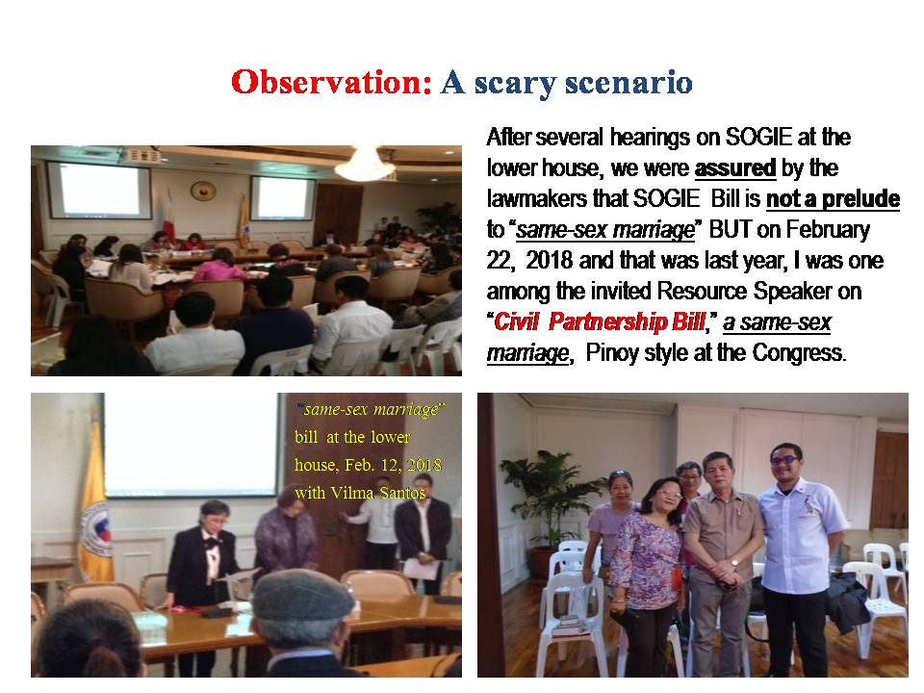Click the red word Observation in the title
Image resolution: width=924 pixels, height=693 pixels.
point(332,82)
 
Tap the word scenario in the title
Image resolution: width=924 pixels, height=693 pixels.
point(629,82)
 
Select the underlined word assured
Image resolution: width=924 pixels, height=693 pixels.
point(734,167)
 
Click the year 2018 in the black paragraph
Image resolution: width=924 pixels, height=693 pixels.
point(549,261)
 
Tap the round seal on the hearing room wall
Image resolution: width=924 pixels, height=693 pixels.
point(203,191)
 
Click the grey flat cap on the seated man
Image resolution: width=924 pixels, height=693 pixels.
point(303,595)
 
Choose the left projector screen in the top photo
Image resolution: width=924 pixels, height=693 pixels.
point(99,190)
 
